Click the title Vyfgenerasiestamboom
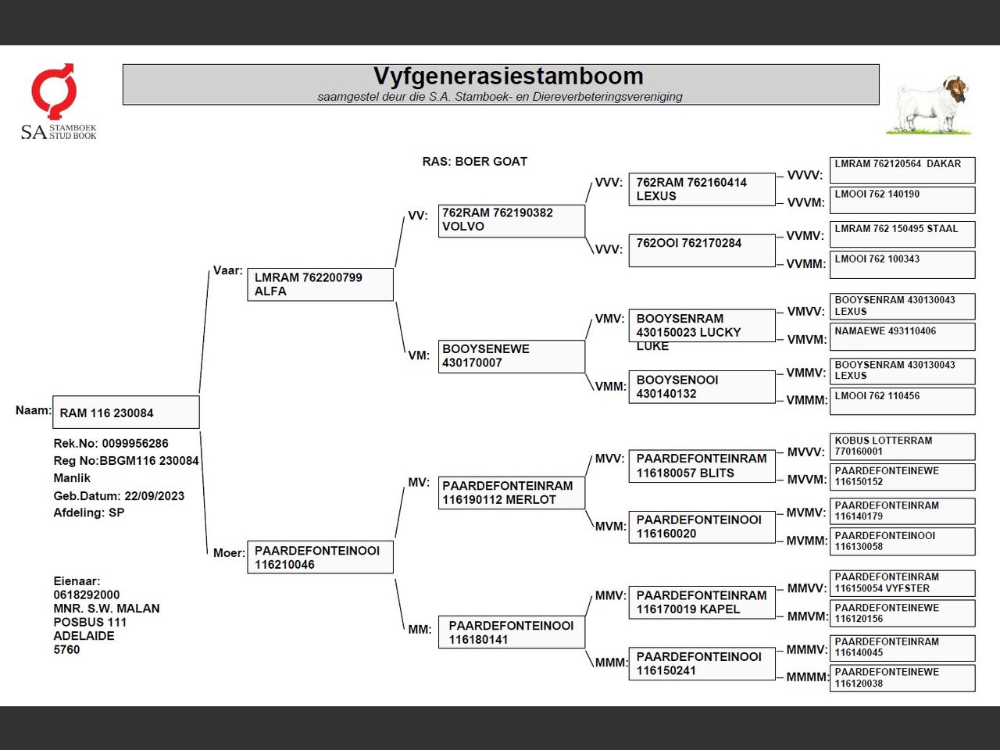coord(508,77)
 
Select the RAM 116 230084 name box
coord(126,412)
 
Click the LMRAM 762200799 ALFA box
coord(320,284)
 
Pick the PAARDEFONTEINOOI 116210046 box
coord(320,557)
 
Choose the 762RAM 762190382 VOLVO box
coord(511,220)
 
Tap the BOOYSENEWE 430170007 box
coord(511,355)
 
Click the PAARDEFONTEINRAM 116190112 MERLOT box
coord(511,492)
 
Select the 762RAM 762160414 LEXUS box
coord(702,189)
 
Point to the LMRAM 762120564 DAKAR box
coord(902,170)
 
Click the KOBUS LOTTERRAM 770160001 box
coord(902,446)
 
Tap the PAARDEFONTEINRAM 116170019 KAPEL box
coord(702,602)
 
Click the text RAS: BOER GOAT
coord(474,162)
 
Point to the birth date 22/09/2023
coord(154,495)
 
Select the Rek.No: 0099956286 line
coord(111,443)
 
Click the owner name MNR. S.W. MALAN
coord(106,609)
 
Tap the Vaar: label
coord(227,270)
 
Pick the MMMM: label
coord(807,677)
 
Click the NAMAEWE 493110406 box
coord(902,336)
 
